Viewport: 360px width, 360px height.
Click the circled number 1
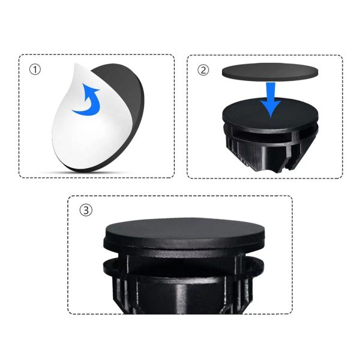35,70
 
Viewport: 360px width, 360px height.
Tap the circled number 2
203,70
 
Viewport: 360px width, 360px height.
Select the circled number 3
86,210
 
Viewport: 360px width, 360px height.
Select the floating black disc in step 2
270,72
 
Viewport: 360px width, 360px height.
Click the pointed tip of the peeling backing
74,64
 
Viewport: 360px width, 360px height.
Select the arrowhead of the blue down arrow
271,110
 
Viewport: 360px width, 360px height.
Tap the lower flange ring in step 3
184,266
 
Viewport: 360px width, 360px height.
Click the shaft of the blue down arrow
271,92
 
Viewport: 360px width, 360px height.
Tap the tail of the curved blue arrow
76,112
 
